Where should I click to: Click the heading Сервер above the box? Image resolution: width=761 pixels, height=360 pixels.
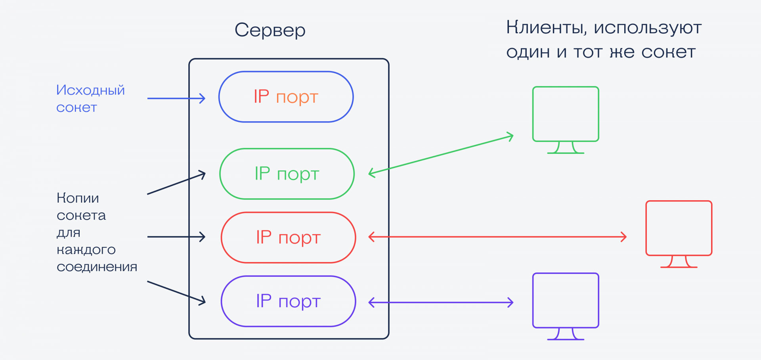[270, 30]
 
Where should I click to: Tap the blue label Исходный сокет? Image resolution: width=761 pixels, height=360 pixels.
[90, 98]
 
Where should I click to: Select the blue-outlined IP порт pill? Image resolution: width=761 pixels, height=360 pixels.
[286, 97]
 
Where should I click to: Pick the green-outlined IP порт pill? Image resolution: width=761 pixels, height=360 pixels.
[287, 174]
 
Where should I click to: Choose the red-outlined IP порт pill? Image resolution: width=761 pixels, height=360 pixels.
[288, 237]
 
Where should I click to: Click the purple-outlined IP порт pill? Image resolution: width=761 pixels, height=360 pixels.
[288, 301]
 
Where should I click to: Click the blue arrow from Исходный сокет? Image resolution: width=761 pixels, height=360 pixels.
[176, 98]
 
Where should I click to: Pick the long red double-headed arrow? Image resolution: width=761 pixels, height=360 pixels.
[497, 237]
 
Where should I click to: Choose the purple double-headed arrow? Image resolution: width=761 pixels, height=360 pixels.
[441, 303]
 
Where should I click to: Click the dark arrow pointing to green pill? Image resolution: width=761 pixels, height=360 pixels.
[176, 184]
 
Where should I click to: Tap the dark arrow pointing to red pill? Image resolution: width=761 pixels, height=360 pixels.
[176, 237]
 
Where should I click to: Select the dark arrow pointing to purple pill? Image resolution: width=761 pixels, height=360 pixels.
[176, 292]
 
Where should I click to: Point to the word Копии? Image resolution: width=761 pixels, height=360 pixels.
[78, 198]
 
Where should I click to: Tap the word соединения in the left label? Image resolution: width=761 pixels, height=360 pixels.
[97, 267]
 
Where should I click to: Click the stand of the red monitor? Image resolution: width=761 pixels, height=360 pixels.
[679, 262]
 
